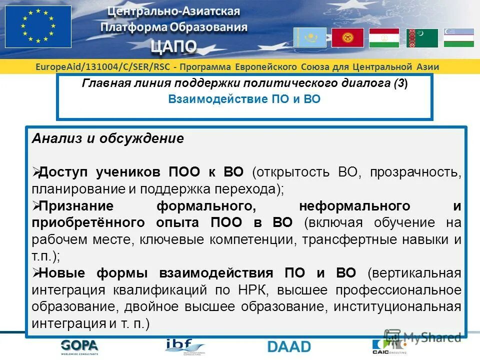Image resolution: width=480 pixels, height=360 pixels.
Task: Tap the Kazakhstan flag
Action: pyautogui.click(x=309, y=37)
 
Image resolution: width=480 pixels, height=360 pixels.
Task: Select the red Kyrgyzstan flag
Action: pyautogui.click(x=347, y=37)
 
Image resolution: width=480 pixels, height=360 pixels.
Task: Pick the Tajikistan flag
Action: pyautogui.click(x=384, y=38)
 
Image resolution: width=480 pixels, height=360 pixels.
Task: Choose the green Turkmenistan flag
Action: pyautogui.click(x=422, y=38)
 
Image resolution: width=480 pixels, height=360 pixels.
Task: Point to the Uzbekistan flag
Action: pyautogui.click(x=458, y=38)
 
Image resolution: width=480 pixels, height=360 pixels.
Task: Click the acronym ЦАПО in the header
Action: pyautogui.click(x=174, y=46)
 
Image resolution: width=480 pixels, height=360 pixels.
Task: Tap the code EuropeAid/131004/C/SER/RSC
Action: pyautogui.click(x=102, y=67)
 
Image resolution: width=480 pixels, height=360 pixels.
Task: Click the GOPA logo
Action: pyautogui.click(x=79, y=345)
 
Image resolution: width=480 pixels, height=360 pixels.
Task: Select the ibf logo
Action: pyautogui.click(x=184, y=346)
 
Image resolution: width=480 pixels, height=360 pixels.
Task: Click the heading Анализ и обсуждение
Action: pyautogui.click(x=108, y=139)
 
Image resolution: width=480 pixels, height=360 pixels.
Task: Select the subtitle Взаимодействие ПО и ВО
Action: pyautogui.click(x=244, y=99)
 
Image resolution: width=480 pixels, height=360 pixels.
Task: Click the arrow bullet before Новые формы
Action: pyautogui.click(x=35, y=272)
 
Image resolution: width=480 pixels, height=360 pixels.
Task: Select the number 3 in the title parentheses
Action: pyautogui.click(x=401, y=83)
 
